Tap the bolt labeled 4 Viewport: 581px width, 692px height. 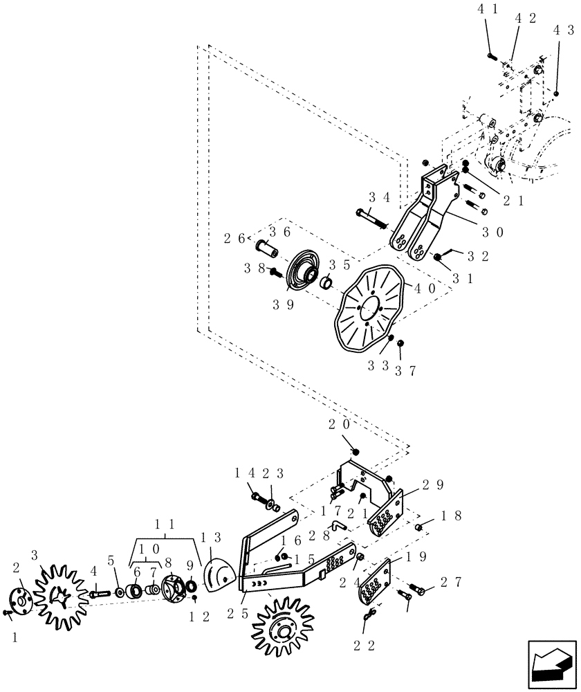pos(100,592)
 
